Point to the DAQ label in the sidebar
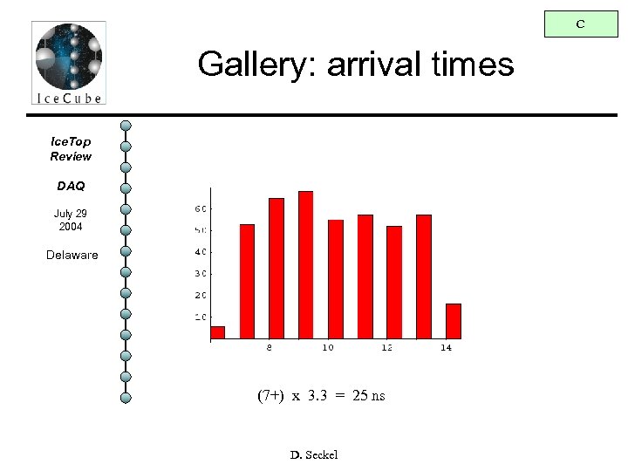[x=71, y=186]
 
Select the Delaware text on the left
[x=72, y=256]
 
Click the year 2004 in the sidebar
[x=71, y=227]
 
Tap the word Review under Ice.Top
[x=71, y=156]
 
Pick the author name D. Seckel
[x=313, y=454]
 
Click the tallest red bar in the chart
[x=305, y=264]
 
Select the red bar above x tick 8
[x=276, y=269]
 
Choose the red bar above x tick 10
[x=335, y=279]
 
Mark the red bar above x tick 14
[x=453, y=321]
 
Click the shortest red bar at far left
[x=217, y=332]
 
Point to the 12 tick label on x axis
[x=386, y=348]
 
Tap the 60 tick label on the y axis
[x=200, y=208]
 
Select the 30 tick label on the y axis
[x=200, y=274]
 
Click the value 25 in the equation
[x=360, y=396]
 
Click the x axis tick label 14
[x=446, y=348]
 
